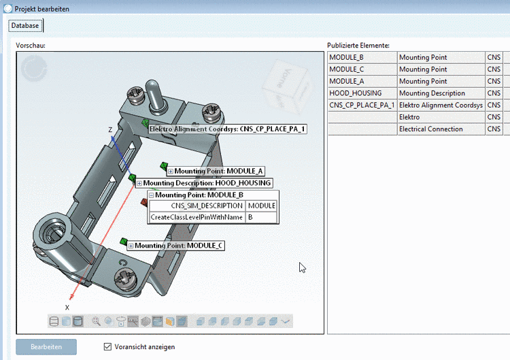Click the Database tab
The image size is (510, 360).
tap(25, 25)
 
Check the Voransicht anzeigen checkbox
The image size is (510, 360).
tap(107, 346)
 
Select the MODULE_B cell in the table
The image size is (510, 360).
tap(362, 57)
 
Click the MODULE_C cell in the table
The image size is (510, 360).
tap(362, 69)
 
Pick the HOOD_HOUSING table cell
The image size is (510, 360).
tap(362, 93)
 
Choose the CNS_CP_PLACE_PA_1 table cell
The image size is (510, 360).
tap(362, 105)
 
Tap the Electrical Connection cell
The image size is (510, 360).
tap(441, 129)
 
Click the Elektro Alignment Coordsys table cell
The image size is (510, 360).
tap(441, 105)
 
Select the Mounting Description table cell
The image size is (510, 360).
tap(441, 93)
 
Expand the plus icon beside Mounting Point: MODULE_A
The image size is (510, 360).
tap(171, 171)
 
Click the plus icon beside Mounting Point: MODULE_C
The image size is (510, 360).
tap(131, 246)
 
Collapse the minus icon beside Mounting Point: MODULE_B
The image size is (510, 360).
tap(151, 195)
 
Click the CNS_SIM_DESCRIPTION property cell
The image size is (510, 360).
tap(197, 206)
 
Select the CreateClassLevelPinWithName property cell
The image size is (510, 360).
tap(197, 217)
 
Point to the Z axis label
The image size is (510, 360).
tap(110, 129)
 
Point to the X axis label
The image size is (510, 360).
tap(67, 307)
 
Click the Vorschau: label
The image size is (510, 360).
tap(30, 45)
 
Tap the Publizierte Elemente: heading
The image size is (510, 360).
tap(358, 45)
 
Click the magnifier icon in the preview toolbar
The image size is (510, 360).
tap(96, 321)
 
